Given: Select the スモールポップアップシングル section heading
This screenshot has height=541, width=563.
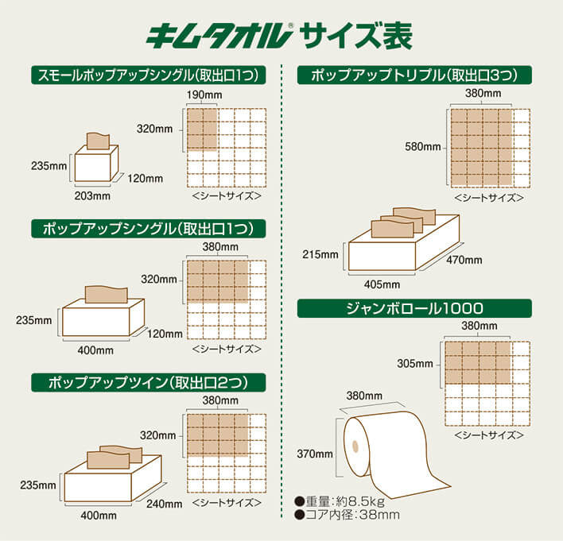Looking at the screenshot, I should tap(148, 75).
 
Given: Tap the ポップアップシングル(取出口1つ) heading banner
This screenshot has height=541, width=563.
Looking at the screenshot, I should tap(148, 229).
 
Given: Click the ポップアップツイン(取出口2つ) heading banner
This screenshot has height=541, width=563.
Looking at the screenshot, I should tap(148, 381).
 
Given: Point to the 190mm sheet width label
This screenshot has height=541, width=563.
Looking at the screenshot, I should tap(202, 95).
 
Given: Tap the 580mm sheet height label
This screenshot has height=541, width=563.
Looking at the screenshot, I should tap(421, 147).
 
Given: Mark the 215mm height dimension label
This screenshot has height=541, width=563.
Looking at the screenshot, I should tap(321, 255).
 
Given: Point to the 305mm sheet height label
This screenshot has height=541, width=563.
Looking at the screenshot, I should tap(414, 364).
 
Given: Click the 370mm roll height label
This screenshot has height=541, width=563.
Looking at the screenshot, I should tap(316, 454).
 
